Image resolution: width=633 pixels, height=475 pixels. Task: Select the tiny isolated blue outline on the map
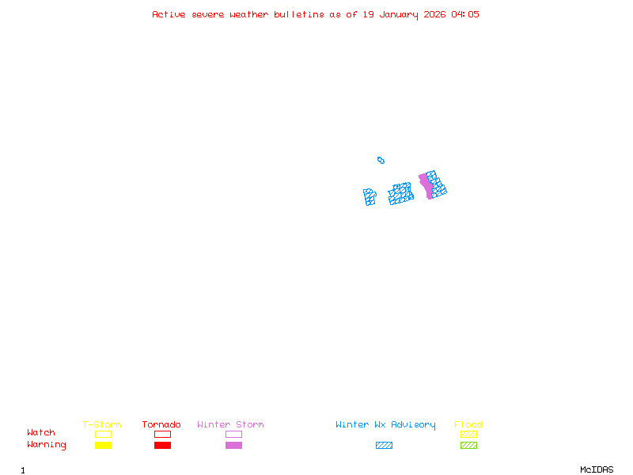(x=381, y=160)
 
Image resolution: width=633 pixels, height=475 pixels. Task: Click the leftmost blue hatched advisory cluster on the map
(x=370, y=196)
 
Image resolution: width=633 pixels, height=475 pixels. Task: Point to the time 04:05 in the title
(x=465, y=14)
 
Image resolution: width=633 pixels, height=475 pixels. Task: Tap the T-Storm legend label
(x=102, y=425)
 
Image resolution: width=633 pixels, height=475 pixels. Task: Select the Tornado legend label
(x=161, y=425)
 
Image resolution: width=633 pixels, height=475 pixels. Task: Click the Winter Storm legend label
(x=230, y=425)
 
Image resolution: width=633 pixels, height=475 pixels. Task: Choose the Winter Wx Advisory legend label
(x=385, y=425)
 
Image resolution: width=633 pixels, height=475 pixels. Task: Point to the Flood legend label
(x=468, y=425)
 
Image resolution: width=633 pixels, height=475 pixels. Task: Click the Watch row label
(x=41, y=433)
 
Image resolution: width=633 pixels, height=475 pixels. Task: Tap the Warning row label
(x=47, y=445)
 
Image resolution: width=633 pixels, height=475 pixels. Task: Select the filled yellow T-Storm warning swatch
(x=103, y=445)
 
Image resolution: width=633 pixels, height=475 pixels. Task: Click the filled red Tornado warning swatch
(x=162, y=445)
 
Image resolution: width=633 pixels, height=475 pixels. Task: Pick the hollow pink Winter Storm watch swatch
(x=233, y=434)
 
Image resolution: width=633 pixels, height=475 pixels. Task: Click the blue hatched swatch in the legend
(x=384, y=445)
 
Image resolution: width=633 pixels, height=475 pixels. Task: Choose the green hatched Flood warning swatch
(x=468, y=445)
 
